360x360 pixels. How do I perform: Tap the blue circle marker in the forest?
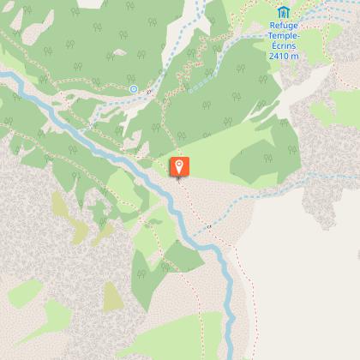[134, 88]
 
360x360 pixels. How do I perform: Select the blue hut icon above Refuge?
[283, 11]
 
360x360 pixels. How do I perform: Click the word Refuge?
[283, 25]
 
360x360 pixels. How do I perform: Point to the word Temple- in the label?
[283, 35]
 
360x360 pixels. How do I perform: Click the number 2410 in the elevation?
[278, 55]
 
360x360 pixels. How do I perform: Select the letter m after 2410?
[296, 55]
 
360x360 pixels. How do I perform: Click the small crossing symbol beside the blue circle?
[148, 92]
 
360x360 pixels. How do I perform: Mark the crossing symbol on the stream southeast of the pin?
[208, 227]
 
